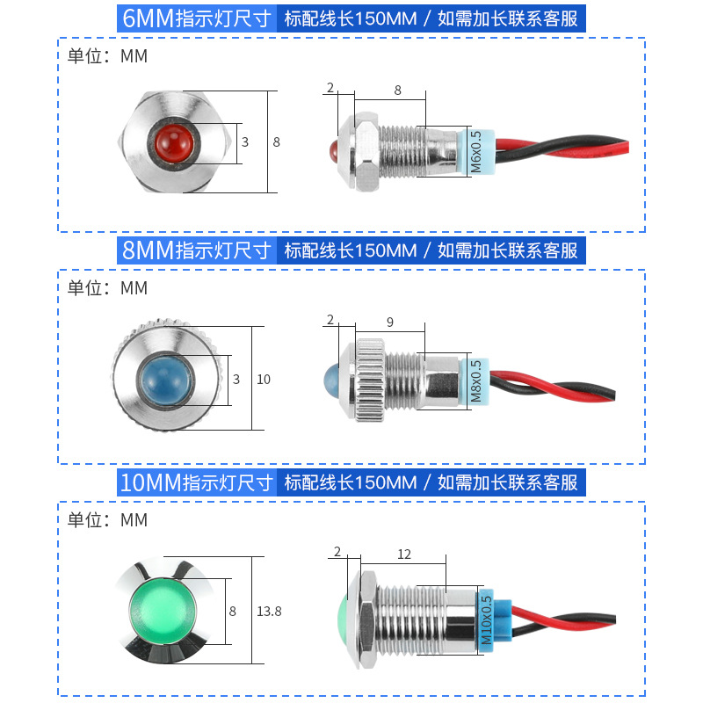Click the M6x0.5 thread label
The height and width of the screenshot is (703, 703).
475,151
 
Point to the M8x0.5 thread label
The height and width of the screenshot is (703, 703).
475,380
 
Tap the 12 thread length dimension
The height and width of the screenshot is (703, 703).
403,554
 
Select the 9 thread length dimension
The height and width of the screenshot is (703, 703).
389,321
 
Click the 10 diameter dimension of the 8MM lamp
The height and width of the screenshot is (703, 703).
264,380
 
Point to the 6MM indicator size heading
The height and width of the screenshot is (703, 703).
198,18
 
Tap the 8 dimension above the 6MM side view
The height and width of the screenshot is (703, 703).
397,90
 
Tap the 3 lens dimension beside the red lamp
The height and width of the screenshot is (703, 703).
245,141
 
